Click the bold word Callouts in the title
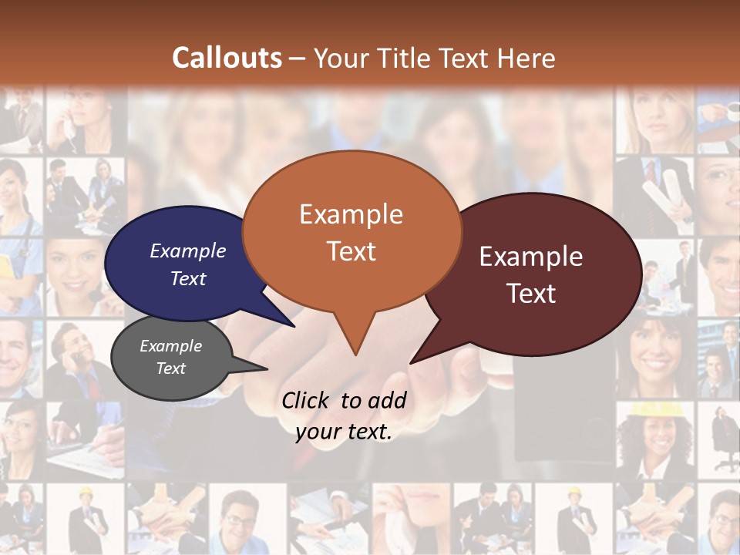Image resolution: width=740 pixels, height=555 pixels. point(227,58)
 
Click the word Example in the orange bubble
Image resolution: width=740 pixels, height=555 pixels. point(351,214)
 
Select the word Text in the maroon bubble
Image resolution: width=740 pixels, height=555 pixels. point(531,294)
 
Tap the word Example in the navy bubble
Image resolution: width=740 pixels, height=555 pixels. point(188,251)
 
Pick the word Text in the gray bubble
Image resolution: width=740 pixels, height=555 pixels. point(171,368)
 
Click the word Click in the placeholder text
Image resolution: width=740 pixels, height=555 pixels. point(307,400)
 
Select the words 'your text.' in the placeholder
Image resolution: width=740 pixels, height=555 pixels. point(344,432)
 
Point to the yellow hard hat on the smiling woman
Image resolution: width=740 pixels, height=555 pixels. point(651,409)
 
